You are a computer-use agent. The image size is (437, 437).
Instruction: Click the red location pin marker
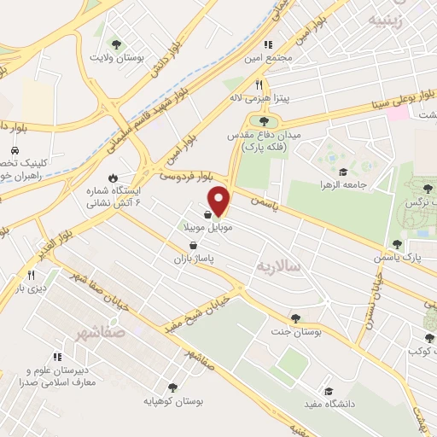[x=219, y=201]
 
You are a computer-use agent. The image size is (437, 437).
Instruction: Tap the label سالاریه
[x=278, y=266]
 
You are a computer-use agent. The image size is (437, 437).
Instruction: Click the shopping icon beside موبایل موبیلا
[x=208, y=215]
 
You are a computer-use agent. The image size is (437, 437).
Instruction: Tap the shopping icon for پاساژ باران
[x=195, y=245]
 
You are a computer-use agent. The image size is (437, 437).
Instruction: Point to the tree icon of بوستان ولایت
[x=116, y=44]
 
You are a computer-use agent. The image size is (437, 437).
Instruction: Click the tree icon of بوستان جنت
[x=295, y=318]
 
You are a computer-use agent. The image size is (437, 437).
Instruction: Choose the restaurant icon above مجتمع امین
[x=267, y=44]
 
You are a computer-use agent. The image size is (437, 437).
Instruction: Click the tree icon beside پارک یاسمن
[x=396, y=244]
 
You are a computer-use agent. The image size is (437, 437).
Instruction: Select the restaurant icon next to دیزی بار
[x=31, y=275]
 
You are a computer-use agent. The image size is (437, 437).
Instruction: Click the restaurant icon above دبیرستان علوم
[x=56, y=357]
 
